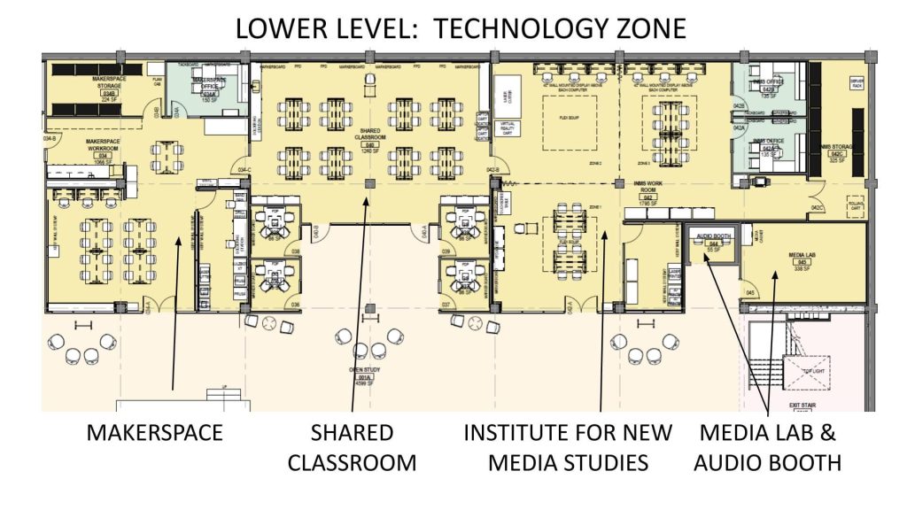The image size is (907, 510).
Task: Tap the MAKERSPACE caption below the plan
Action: click(x=154, y=434)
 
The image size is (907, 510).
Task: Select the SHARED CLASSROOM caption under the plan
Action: click(x=352, y=447)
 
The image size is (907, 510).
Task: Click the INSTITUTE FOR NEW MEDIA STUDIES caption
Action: click(x=568, y=447)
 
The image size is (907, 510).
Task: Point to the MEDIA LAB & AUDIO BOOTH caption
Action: click(x=768, y=447)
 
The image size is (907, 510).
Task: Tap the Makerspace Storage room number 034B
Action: click(x=110, y=92)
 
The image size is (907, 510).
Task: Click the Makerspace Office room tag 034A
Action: click(x=210, y=94)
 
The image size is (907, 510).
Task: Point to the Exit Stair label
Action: click(x=802, y=406)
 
